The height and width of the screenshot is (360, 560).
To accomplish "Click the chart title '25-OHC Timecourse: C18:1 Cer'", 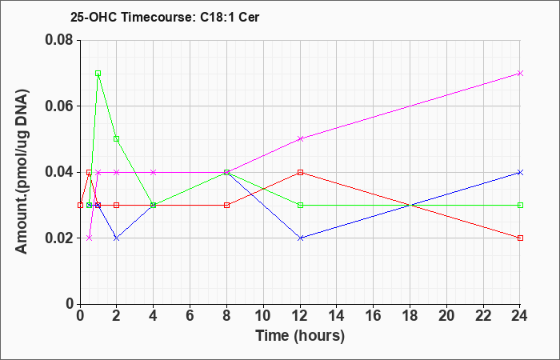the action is coord(165,17).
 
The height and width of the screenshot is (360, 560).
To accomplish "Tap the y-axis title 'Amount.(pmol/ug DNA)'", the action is coord(22,172).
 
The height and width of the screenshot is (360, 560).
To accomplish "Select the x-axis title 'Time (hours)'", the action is coord(300,336).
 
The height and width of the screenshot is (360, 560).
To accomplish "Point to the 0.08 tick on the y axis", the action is coord(62,40).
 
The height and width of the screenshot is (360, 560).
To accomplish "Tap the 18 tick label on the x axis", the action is coord(410,316).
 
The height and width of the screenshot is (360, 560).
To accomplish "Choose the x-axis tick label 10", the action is coord(263,316).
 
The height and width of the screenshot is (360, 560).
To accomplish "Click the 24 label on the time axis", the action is coord(520,316).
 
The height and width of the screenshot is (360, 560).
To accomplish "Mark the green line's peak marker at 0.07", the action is coord(98,74).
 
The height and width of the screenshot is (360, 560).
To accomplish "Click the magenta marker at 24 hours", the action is coord(520,74).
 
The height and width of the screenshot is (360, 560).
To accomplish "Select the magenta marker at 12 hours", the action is coord(300,139).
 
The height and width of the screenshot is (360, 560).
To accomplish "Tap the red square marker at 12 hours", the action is coord(300,172).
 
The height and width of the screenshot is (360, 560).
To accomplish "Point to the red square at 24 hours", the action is coord(520,238).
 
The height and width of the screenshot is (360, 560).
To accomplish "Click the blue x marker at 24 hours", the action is coord(520,172).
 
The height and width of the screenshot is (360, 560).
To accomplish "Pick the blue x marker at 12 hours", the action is coord(300,238).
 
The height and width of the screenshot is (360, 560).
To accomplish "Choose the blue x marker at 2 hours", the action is coord(117,238).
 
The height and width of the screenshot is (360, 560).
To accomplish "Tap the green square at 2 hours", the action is coord(117,139).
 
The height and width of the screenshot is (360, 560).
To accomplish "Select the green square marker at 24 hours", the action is coord(520,205).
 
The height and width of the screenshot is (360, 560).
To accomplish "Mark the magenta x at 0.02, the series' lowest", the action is coord(90,238).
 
